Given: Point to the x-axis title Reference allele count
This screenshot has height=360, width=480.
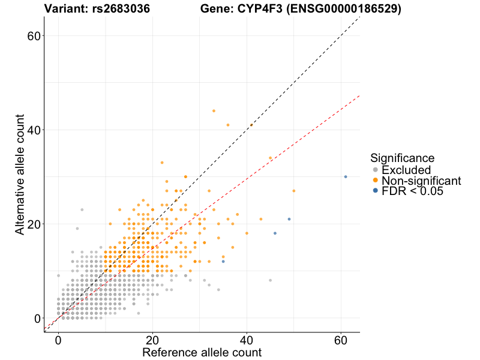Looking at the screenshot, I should pyautogui.click(x=202, y=352).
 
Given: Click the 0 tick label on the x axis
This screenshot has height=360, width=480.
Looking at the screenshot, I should pyautogui.click(x=58, y=340).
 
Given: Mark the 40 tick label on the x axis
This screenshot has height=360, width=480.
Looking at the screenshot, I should pyautogui.click(x=247, y=340).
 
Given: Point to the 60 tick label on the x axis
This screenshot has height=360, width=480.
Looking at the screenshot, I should pyautogui.click(x=341, y=340).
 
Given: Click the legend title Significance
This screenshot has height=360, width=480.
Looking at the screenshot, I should pyautogui.click(x=402, y=158).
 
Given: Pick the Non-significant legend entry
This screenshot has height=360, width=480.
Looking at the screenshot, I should pyautogui.click(x=421, y=181).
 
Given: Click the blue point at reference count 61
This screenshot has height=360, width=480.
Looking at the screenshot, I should pyautogui.click(x=346, y=176).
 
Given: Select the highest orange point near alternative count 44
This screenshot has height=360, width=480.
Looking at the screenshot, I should pyautogui.click(x=214, y=110).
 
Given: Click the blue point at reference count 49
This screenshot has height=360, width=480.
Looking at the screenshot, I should pyautogui.click(x=289, y=219).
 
